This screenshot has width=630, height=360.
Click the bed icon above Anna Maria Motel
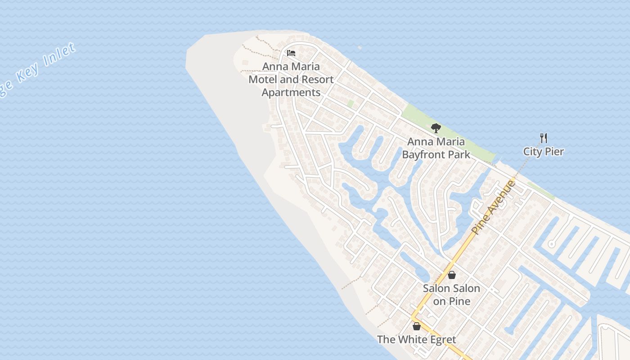(x=291, y=53)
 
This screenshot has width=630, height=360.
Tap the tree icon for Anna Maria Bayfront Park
(x=436, y=128)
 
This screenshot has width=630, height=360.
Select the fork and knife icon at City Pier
(x=544, y=138)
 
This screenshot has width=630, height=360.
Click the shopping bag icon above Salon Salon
(x=451, y=274)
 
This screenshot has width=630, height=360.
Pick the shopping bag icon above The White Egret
(x=417, y=326)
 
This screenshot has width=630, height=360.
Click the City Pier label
(x=543, y=152)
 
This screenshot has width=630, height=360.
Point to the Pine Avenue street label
(x=493, y=207)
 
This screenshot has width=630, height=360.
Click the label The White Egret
(x=416, y=339)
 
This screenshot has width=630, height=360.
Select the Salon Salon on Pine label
(x=451, y=295)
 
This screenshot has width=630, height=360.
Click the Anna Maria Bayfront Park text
(x=436, y=148)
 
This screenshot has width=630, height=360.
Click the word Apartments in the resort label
(x=291, y=93)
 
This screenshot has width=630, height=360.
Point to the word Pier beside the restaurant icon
(x=554, y=152)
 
